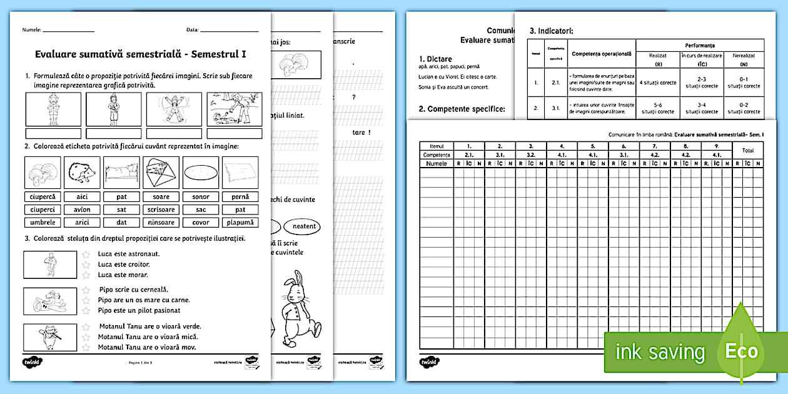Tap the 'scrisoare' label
[x=161, y=210]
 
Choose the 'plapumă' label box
[x=241, y=223]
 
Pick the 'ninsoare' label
[x=161, y=223]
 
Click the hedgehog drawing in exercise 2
[x=82, y=171]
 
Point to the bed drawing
[x=121, y=171]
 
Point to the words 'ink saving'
[x=660, y=352]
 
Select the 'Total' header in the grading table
[x=747, y=150]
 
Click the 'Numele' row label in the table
[x=437, y=163]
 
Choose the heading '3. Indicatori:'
[x=551, y=30]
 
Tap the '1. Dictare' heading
[x=435, y=59]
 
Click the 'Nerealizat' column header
[x=744, y=55]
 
